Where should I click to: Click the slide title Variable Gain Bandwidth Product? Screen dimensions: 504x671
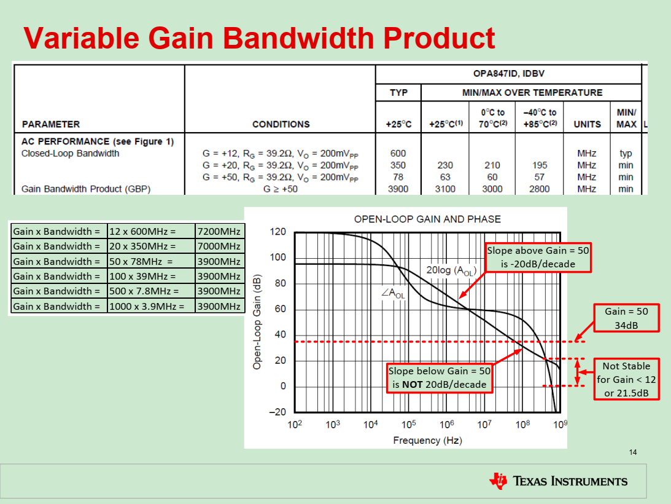(259, 38)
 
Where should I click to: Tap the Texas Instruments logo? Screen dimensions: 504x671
(558, 481)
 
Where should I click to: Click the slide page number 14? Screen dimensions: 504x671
(633, 452)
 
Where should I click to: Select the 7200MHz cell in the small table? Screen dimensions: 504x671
(220, 231)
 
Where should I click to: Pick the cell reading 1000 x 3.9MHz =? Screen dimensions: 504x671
(150, 306)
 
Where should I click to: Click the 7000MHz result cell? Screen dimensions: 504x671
(220, 246)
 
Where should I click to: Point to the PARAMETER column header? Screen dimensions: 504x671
(50, 124)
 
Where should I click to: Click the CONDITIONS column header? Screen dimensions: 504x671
(281, 124)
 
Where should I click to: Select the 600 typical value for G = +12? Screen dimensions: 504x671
(398, 153)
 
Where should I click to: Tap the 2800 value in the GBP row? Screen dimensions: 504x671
(539, 189)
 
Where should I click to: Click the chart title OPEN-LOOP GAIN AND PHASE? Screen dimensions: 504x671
(427, 219)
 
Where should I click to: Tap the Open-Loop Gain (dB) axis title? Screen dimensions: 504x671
(258, 321)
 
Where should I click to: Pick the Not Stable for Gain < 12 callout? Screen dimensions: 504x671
(626, 379)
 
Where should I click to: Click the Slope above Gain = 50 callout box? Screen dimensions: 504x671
(538, 257)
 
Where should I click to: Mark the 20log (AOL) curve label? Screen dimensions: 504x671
(452, 269)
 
